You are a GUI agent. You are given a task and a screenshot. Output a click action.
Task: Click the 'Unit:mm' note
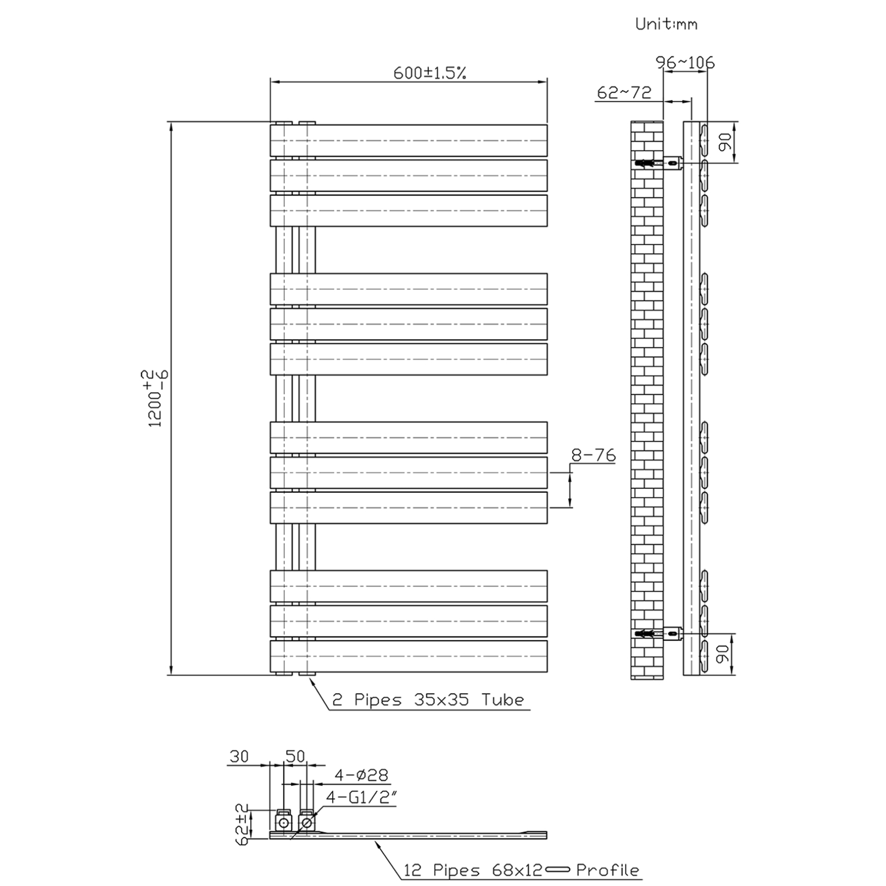[666, 24]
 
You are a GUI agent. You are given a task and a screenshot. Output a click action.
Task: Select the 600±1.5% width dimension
[429, 73]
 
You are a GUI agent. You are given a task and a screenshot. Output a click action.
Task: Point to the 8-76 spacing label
[593, 455]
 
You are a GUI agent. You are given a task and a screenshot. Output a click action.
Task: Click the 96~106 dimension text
[685, 63]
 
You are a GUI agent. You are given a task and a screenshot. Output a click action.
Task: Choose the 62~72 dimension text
[624, 92]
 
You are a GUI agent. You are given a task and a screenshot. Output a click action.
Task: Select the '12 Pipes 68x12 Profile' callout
[521, 870]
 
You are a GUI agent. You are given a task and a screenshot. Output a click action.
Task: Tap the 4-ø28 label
[361, 775]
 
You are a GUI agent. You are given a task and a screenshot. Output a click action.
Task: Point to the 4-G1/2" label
[361, 797]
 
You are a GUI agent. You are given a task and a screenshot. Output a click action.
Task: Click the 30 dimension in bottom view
[239, 756]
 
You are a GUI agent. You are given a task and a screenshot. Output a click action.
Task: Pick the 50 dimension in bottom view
[295, 756]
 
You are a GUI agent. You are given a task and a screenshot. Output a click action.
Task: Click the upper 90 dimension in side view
[726, 142]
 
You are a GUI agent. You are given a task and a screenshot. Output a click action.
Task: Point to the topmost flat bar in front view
[408, 141]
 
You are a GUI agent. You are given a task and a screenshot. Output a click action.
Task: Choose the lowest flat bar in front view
[408, 656]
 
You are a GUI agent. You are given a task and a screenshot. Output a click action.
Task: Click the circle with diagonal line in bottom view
[306, 823]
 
